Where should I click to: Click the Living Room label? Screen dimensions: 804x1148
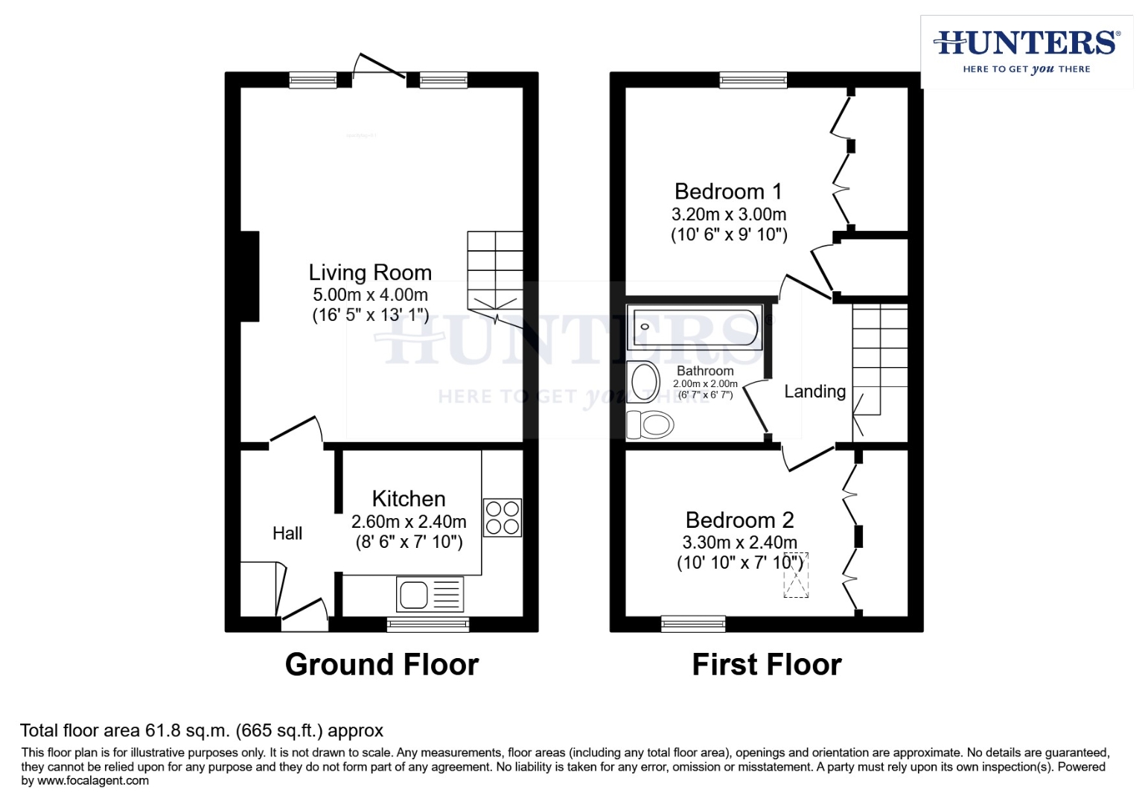370,272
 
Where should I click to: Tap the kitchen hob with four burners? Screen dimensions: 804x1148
503,517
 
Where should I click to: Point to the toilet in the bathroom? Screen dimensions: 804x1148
651,425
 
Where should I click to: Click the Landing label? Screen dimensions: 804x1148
814,392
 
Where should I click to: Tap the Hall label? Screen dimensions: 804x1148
287,533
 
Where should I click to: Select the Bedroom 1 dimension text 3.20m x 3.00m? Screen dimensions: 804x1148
728,214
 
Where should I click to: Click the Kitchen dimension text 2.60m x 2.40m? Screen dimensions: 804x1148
409,522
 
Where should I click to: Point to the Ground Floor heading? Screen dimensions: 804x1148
382,664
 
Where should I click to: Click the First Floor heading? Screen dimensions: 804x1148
766,664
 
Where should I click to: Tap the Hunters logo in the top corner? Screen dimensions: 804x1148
1026,51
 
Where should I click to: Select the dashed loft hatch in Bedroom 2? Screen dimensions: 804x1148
796,575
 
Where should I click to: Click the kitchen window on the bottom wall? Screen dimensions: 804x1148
428,624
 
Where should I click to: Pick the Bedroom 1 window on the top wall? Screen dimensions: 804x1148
753,80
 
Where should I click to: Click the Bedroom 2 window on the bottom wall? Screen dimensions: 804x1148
693,624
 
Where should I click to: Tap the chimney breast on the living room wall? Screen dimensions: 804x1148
250,276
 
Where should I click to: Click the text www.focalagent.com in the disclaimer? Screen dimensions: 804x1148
93,781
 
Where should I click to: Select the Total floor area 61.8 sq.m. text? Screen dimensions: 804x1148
201,730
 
